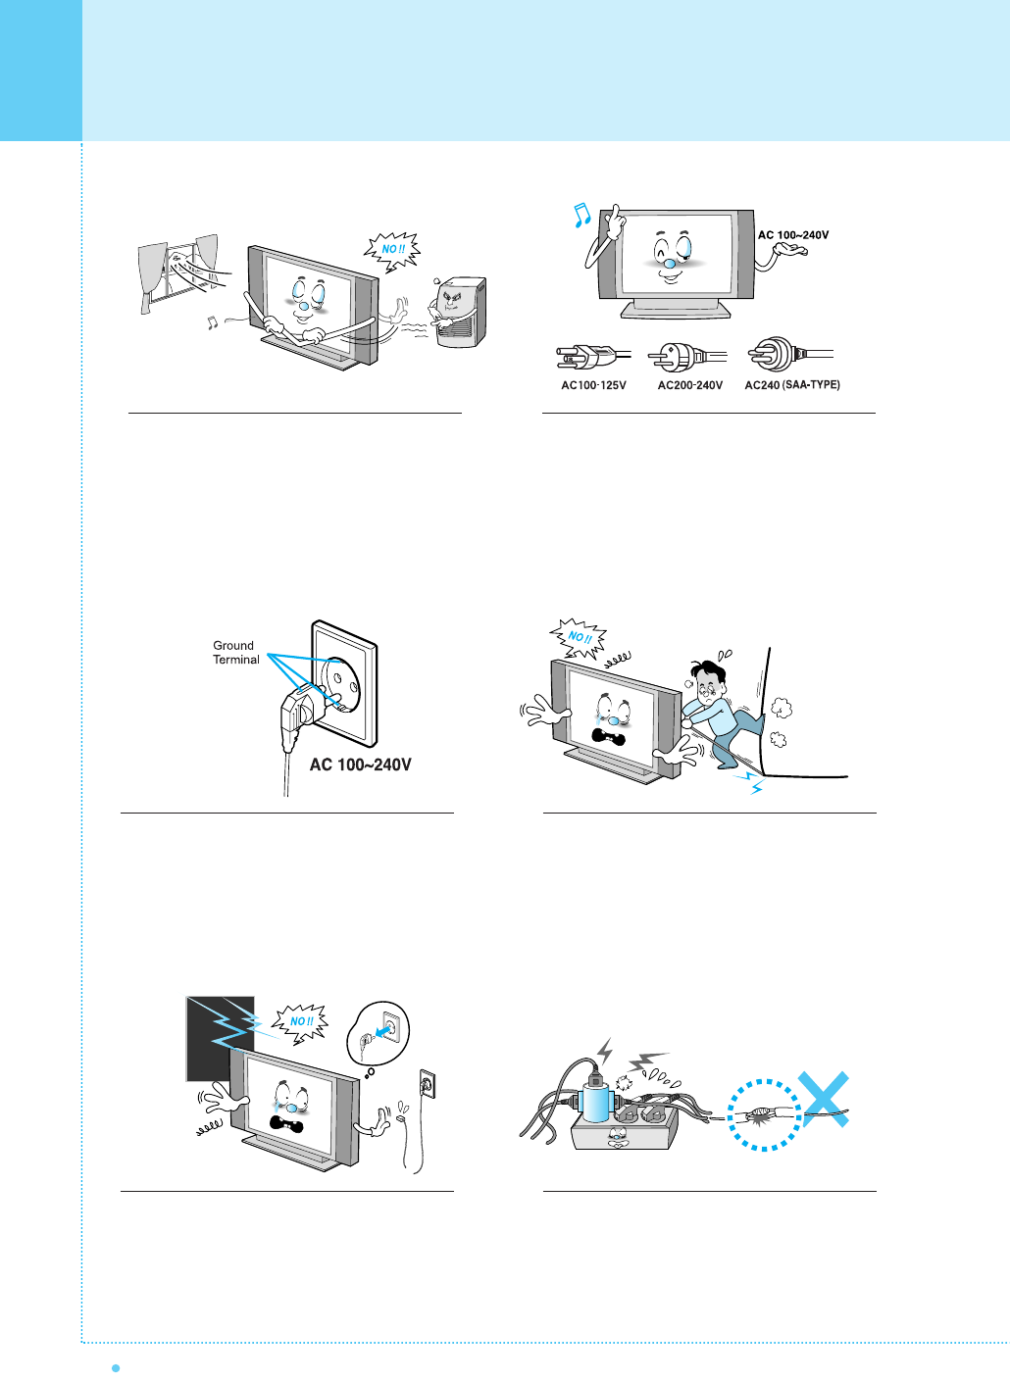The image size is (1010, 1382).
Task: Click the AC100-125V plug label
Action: (593, 385)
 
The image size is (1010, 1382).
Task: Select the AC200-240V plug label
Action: (689, 385)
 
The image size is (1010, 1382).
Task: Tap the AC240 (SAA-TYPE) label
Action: (792, 385)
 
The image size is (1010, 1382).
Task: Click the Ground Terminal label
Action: (235, 653)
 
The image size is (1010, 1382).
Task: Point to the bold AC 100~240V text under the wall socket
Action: (360, 765)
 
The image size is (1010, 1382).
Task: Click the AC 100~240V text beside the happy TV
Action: (793, 235)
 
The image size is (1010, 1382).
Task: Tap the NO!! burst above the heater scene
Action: (391, 250)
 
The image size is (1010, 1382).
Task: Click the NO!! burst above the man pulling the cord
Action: (579, 637)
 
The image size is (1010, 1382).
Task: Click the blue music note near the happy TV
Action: (581, 215)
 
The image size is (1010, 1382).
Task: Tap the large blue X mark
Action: (822, 1099)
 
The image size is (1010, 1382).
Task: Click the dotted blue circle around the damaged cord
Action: (765, 1114)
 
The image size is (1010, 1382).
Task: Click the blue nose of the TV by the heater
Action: (304, 306)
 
